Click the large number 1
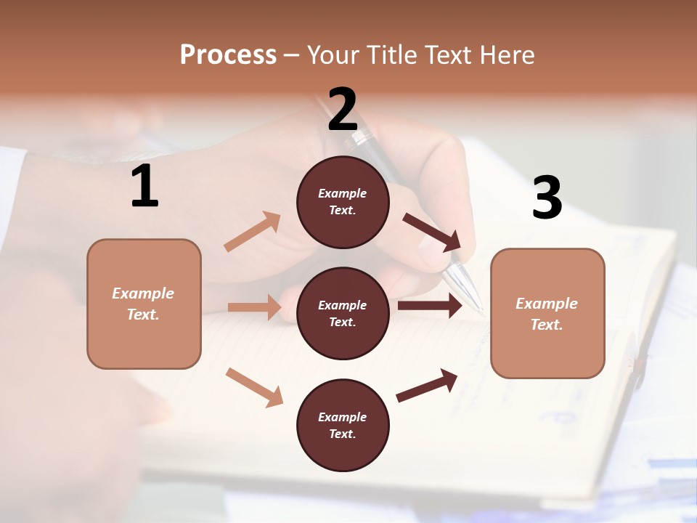144,187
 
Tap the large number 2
343,110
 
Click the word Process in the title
228,54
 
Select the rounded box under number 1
144,304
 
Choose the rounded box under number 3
547,314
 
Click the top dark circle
343,202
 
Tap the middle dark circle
343,314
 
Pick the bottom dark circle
343,426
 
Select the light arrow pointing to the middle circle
254,307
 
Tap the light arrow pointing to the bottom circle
254,386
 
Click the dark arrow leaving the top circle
432,232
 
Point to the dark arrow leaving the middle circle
430,306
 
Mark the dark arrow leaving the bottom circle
427,386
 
